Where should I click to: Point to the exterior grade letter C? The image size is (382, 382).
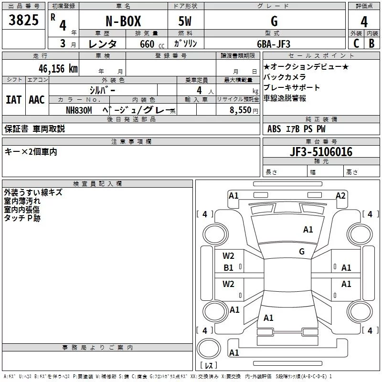click(356, 43)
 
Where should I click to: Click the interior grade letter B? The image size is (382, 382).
click(371, 43)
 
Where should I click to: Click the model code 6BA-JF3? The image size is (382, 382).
click(274, 43)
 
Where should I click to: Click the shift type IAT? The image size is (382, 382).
click(13, 99)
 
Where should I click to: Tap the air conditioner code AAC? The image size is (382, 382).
click(36, 99)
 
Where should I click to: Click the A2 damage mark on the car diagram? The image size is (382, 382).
click(340, 195)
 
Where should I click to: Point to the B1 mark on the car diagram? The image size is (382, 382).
click(229, 268)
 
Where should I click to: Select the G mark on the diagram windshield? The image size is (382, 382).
click(301, 252)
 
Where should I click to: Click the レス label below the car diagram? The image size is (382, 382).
click(209, 366)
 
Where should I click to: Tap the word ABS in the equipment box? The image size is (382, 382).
click(274, 128)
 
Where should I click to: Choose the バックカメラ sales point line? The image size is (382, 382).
click(285, 77)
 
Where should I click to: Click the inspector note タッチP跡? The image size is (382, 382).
click(22, 218)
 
